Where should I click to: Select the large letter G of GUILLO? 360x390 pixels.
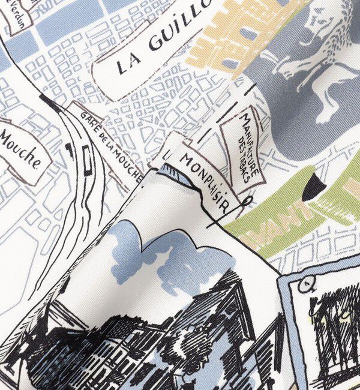155,43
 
